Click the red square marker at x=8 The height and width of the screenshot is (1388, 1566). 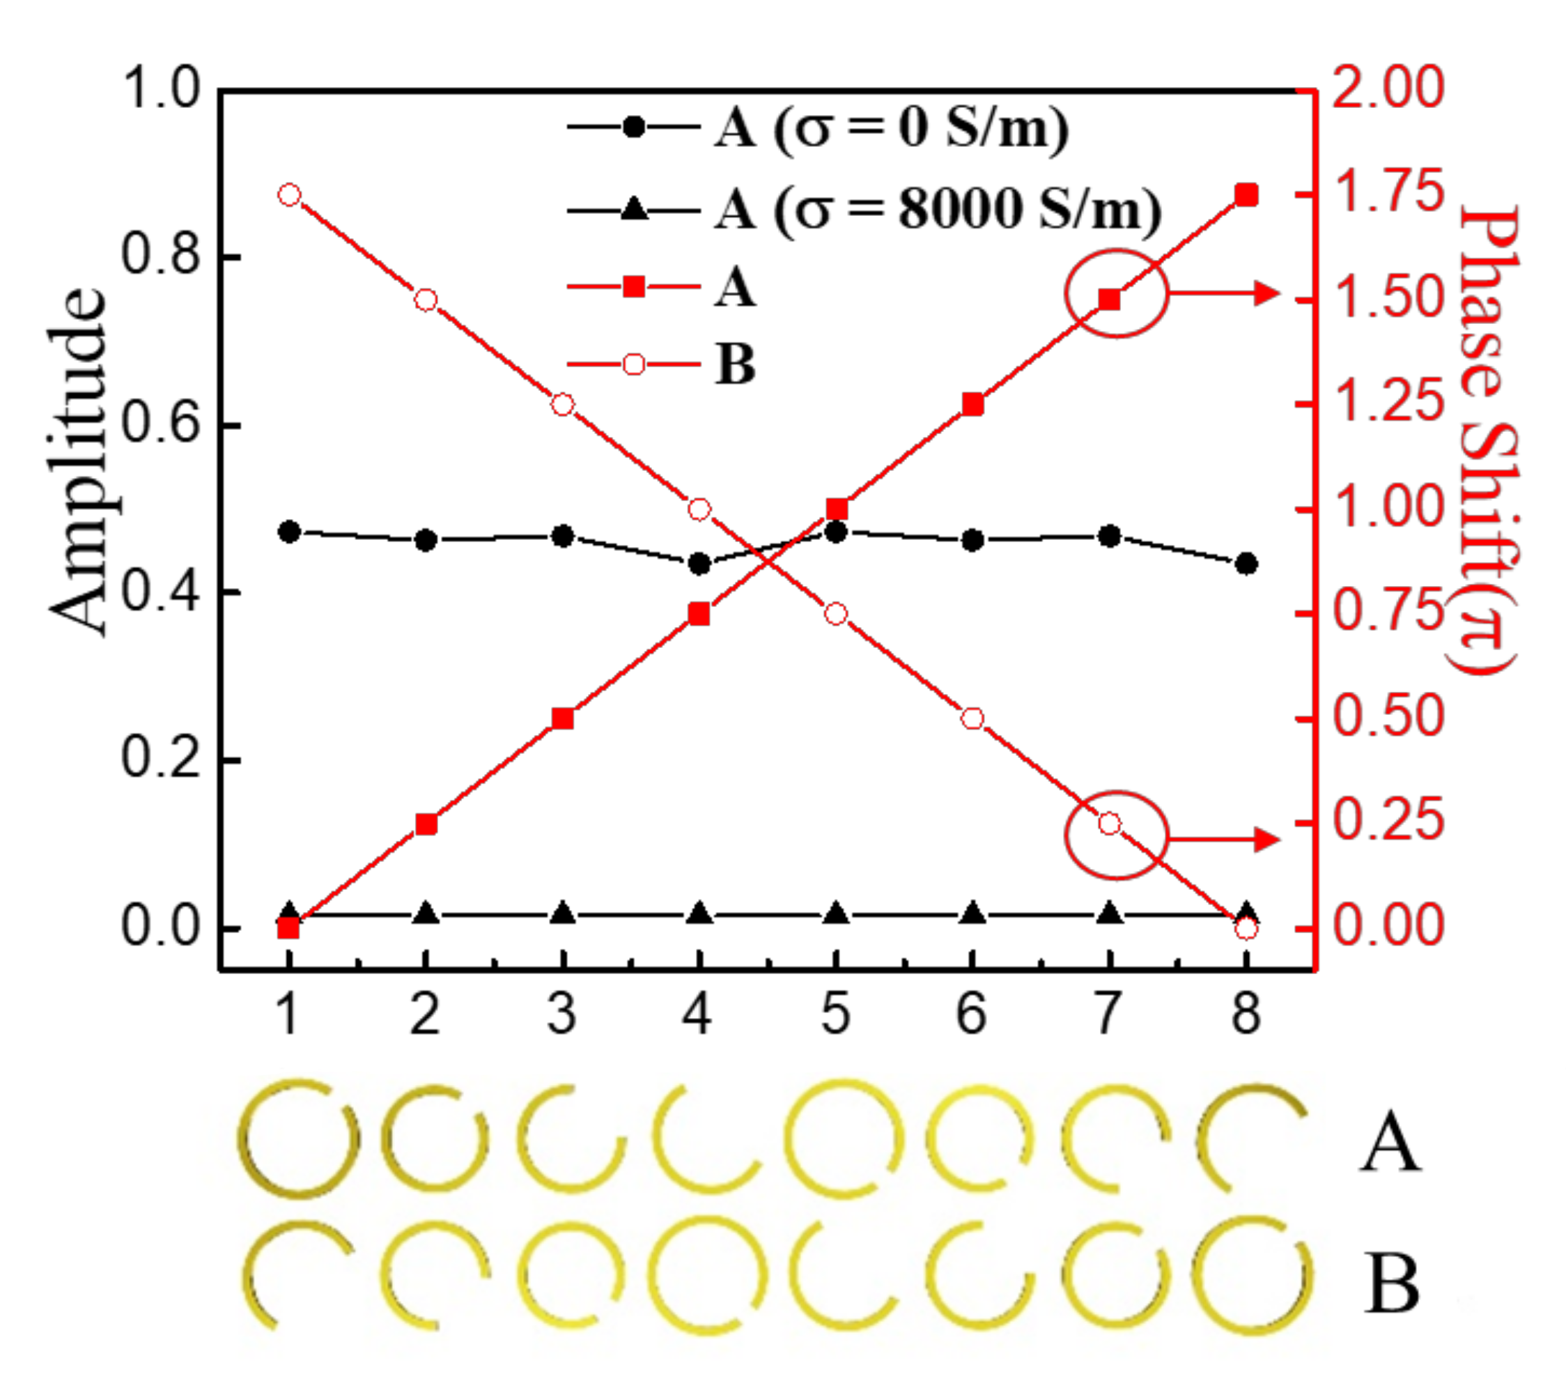[x=1246, y=195]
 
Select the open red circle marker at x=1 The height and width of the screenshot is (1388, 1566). [x=289, y=195]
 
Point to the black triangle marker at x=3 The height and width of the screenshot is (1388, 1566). [x=563, y=913]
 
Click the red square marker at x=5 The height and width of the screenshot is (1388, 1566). [x=837, y=509]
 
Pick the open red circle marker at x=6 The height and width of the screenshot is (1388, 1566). [x=973, y=719]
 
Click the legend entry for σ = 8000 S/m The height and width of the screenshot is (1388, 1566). [x=938, y=208]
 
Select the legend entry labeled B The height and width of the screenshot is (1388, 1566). [x=736, y=363]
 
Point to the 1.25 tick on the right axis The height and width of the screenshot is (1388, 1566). [x=1388, y=404]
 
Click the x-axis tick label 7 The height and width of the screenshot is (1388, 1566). [x=1108, y=1013]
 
